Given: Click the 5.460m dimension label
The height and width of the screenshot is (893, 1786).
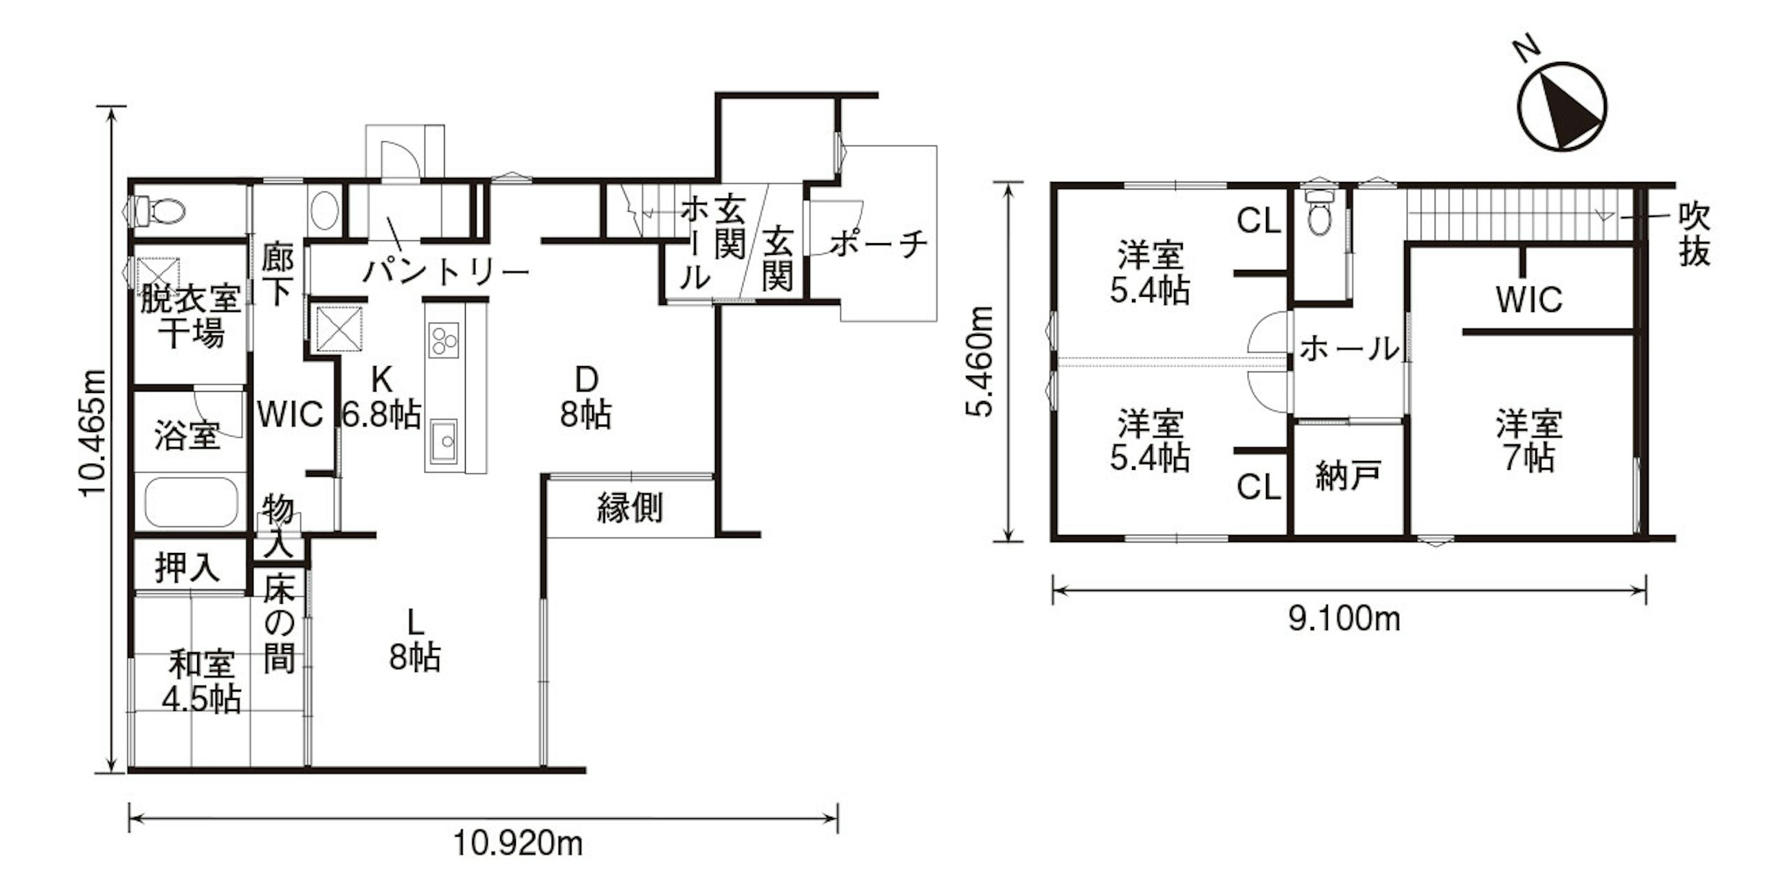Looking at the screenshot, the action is click(x=980, y=361).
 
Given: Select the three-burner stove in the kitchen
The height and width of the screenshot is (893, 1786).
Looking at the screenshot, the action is click(x=443, y=340).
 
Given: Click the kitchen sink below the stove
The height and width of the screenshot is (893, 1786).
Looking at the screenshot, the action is click(x=443, y=441).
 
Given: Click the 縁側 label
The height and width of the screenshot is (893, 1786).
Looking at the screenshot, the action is click(x=629, y=508).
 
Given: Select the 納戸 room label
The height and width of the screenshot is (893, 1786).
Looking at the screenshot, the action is click(x=1348, y=476).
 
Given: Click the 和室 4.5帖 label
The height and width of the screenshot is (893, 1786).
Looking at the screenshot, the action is click(x=201, y=681).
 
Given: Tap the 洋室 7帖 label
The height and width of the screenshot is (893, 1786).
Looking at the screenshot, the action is click(x=1528, y=441).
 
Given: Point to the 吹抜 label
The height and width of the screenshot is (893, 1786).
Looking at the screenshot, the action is click(x=1694, y=234).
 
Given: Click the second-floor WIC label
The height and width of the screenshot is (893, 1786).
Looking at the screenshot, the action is click(x=1529, y=299).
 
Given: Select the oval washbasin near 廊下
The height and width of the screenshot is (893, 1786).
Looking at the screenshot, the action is click(x=324, y=210).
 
